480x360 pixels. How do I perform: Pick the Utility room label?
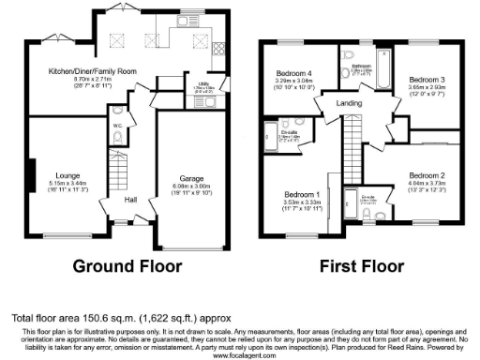pos(199,82)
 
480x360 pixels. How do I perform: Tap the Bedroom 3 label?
pos(427,81)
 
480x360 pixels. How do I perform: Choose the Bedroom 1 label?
pos(303,194)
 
